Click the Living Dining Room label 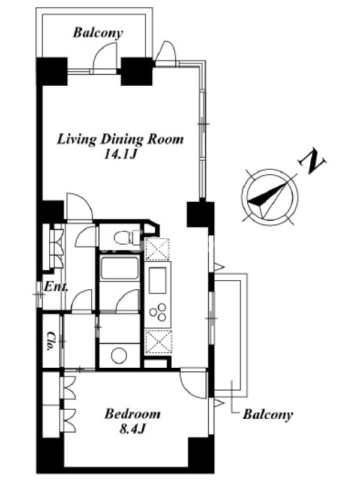click(121, 140)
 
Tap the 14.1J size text click(120, 155)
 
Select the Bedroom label click(132, 414)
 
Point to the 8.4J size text click(132, 429)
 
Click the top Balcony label click(98, 33)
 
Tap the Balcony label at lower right click(268, 415)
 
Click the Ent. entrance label click(56, 287)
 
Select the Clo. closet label click(51, 341)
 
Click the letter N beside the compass click(312, 161)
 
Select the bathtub click(119, 268)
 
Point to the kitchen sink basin click(157, 280)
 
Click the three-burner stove click(158, 312)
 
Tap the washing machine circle click(119, 355)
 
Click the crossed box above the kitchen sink click(158, 250)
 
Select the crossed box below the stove click(158, 341)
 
